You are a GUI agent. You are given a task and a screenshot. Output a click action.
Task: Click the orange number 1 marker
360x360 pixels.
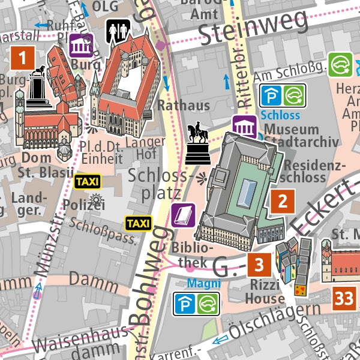coord(23,59)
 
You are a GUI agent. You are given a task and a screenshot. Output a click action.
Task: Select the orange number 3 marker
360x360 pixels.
coord(259,264)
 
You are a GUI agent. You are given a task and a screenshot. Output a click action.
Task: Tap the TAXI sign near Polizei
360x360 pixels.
coord(87,181)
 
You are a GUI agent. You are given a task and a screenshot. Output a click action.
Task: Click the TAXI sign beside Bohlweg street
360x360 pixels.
coord(138,223)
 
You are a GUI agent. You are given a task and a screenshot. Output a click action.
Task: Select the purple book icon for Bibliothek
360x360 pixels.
coord(183,215)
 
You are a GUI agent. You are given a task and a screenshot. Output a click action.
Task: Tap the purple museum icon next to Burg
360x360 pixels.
coord(81,46)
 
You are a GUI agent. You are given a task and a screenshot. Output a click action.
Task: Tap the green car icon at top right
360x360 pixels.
coord(340,65)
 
